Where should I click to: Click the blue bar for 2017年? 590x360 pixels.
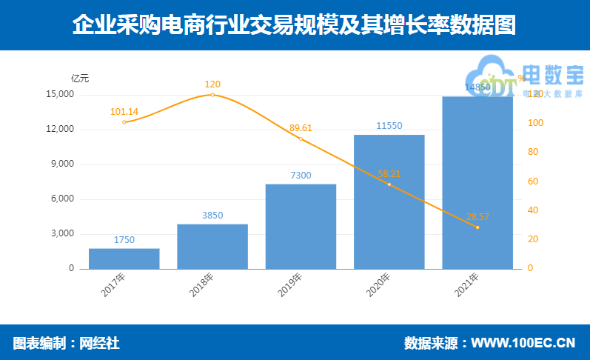124,259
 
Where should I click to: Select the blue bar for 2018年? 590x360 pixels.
212,246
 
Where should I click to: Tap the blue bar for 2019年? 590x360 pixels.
301,226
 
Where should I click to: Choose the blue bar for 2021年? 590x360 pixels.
477,182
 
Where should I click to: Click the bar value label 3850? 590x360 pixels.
212,216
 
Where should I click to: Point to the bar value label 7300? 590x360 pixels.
301,176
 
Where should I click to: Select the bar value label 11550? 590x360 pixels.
389,126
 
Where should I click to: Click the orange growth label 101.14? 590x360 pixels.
124,112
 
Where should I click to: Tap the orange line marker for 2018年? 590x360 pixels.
212,95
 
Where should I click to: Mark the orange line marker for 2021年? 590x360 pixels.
477,227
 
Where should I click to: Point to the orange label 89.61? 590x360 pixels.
301,127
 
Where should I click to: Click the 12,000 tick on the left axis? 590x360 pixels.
60,130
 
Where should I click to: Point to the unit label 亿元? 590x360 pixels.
80,78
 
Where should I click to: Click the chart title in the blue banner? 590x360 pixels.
295,25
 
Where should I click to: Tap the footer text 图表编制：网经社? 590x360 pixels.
66,343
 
